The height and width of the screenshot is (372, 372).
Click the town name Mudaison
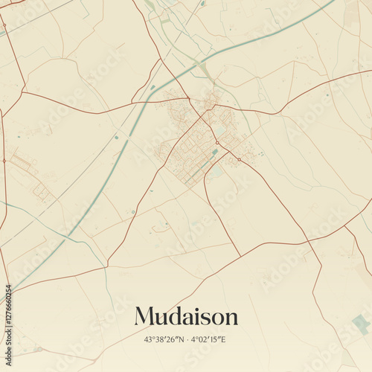pos(186,316)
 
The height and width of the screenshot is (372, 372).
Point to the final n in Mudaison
pos(231,318)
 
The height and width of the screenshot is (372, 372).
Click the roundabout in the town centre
pos(217,142)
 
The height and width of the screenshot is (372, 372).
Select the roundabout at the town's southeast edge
pos(239,159)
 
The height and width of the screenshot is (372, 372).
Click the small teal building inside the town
pos(215,152)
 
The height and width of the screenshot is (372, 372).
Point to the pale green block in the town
pos(221,129)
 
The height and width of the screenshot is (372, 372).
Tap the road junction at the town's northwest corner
pos(189,98)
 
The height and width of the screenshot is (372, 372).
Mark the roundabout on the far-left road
pos(4,160)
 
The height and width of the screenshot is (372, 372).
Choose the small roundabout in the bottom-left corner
pos(37,349)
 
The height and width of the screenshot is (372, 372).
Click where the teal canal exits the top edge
pos(333,2)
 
